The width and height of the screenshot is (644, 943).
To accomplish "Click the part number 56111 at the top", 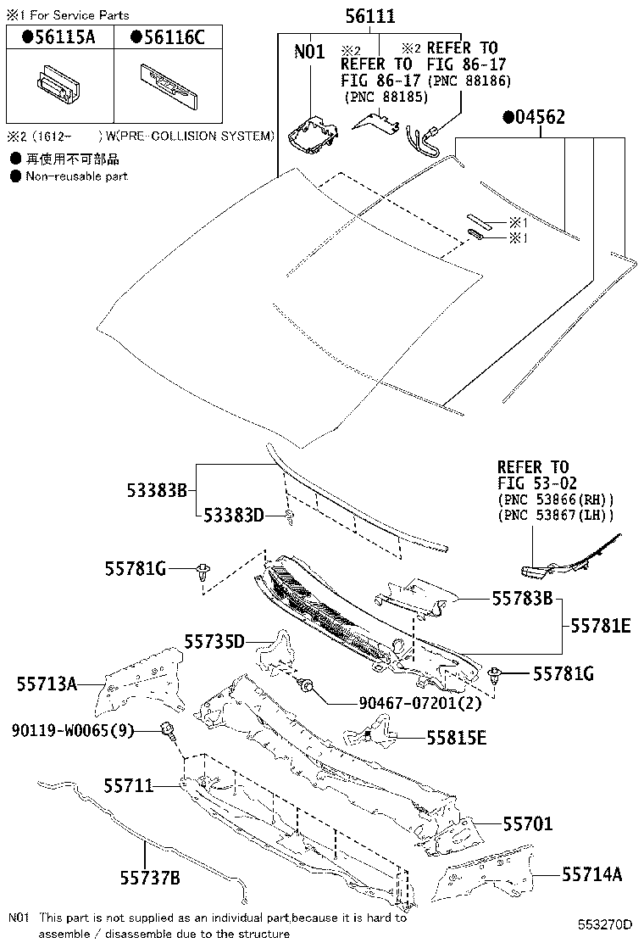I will click(369, 16).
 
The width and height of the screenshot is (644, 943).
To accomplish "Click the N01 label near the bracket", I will click(309, 52).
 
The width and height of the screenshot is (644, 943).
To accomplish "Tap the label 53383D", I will click(233, 516).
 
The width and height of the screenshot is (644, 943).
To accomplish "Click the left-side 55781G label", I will click(136, 567).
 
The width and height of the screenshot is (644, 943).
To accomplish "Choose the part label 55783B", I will click(522, 599).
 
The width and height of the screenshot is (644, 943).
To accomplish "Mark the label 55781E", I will click(600, 626).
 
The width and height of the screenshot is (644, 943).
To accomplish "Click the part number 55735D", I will click(214, 641).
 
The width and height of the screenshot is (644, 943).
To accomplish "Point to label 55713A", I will click(47, 684).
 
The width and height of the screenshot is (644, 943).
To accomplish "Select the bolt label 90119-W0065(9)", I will click(73, 730).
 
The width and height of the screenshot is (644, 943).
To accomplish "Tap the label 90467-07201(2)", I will click(408, 703).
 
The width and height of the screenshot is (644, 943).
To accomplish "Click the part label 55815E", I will click(456, 738).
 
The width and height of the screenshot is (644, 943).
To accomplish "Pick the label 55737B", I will click(150, 878).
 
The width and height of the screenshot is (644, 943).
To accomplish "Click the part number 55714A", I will click(591, 874).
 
